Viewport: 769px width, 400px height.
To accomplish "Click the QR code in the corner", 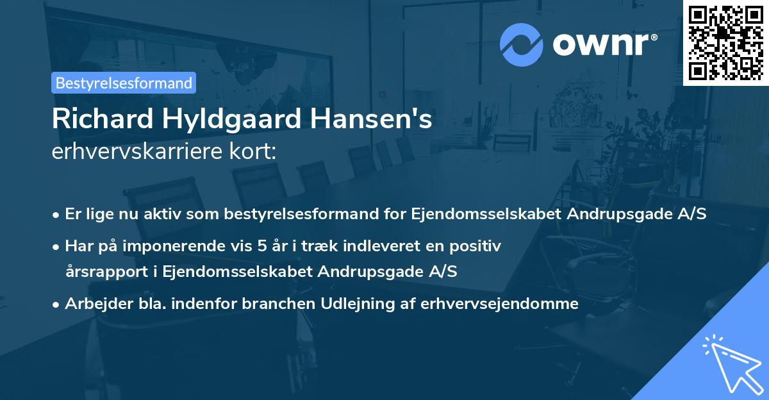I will click(x=725, y=42).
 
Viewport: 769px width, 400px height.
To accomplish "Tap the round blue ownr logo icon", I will click(x=521, y=44).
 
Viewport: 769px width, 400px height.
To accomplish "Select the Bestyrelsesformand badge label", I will click(x=124, y=83).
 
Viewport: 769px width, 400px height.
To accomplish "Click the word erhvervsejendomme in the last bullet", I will click(x=499, y=303).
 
